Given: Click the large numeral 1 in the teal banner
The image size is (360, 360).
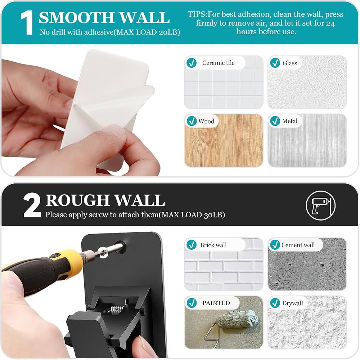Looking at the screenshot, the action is pyautogui.click(x=27, y=23).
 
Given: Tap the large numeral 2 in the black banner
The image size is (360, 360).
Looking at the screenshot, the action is pyautogui.click(x=32, y=205).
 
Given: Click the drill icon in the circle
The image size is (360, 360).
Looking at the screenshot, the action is pyautogui.click(x=320, y=205).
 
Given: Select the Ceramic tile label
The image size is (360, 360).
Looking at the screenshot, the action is pyautogui.click(x=219, y=63).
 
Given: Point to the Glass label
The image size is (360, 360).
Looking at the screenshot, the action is pyautogui.click(x=290, y=63).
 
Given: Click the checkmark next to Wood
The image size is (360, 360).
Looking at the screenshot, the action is pyautogui.click(x=192, y=121).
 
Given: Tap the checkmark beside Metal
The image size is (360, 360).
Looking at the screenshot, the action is pyautogui.click(x=275, y=121).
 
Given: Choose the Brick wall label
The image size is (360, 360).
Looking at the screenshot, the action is pyautogui.click(x=213, y=245).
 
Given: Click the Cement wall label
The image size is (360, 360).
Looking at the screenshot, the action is pyautogui.click(x=298, y=245).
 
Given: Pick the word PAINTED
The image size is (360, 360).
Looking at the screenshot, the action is pyautogui.click(x=216, y=303).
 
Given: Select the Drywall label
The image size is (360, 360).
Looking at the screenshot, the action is pyautogui.click(x=292, y=303).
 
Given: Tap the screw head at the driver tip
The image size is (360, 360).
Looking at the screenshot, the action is pyautogui.click(x=102, y=252).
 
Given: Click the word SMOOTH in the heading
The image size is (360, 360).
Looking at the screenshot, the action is pyautogui.click(x=77, y=18).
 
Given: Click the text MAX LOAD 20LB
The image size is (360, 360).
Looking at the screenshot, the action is pyautogui.click(x=147, y=32).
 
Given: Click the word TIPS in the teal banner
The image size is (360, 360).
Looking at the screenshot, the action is pyautogui.click(x=197, y=14).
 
